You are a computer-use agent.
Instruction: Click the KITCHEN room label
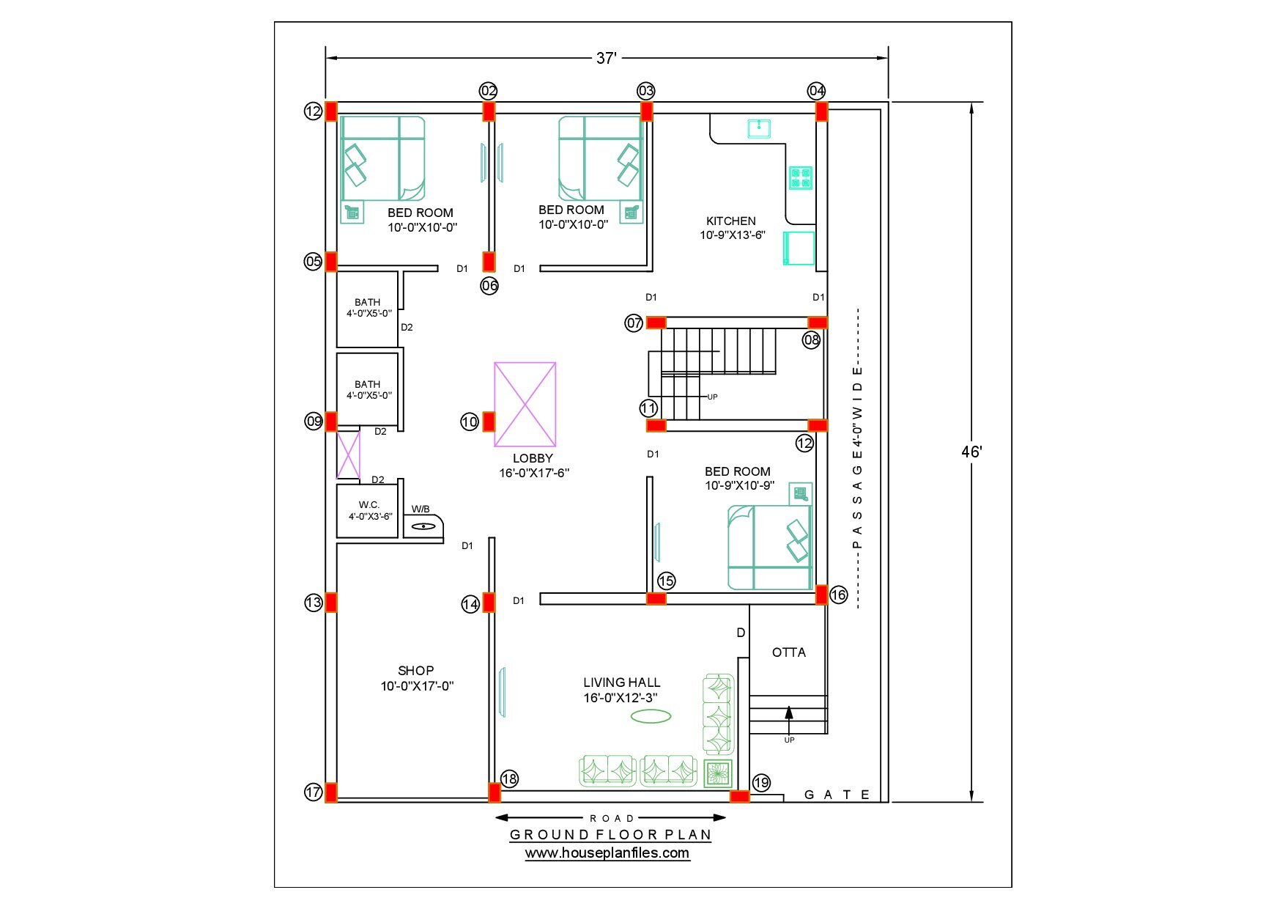click(730, 221)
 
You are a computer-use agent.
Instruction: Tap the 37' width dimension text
click(606, 58)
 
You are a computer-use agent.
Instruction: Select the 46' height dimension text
click(971, 452)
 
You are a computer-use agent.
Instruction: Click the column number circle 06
click(489, 285)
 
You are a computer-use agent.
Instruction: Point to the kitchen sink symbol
click(759, 128)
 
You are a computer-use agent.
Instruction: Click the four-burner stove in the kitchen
click(800, 177)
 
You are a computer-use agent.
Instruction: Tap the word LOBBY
click(533, 458)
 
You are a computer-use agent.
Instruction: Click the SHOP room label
click(415, 670)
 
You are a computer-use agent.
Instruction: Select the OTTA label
click(788, 652)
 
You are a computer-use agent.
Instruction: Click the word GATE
click(837, 795)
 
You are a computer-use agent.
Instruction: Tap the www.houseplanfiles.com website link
click(607, 853)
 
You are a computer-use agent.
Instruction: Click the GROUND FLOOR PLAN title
click(610, 834)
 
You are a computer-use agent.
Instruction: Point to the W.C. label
click(369, 504)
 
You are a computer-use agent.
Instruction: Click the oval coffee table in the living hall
click(651, 715)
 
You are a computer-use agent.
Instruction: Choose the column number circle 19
click(761, 782)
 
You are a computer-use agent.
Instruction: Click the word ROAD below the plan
click(612, 818)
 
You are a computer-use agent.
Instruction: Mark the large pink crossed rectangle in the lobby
click(525, 404)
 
